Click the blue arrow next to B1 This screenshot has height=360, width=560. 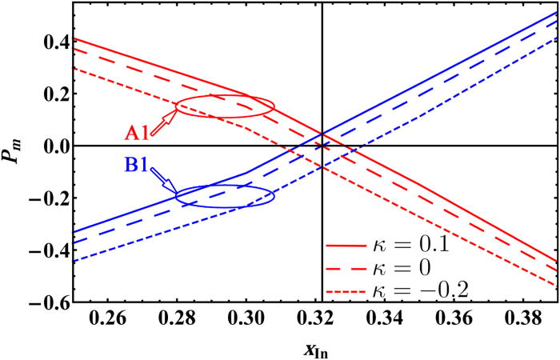pos(166,182)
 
